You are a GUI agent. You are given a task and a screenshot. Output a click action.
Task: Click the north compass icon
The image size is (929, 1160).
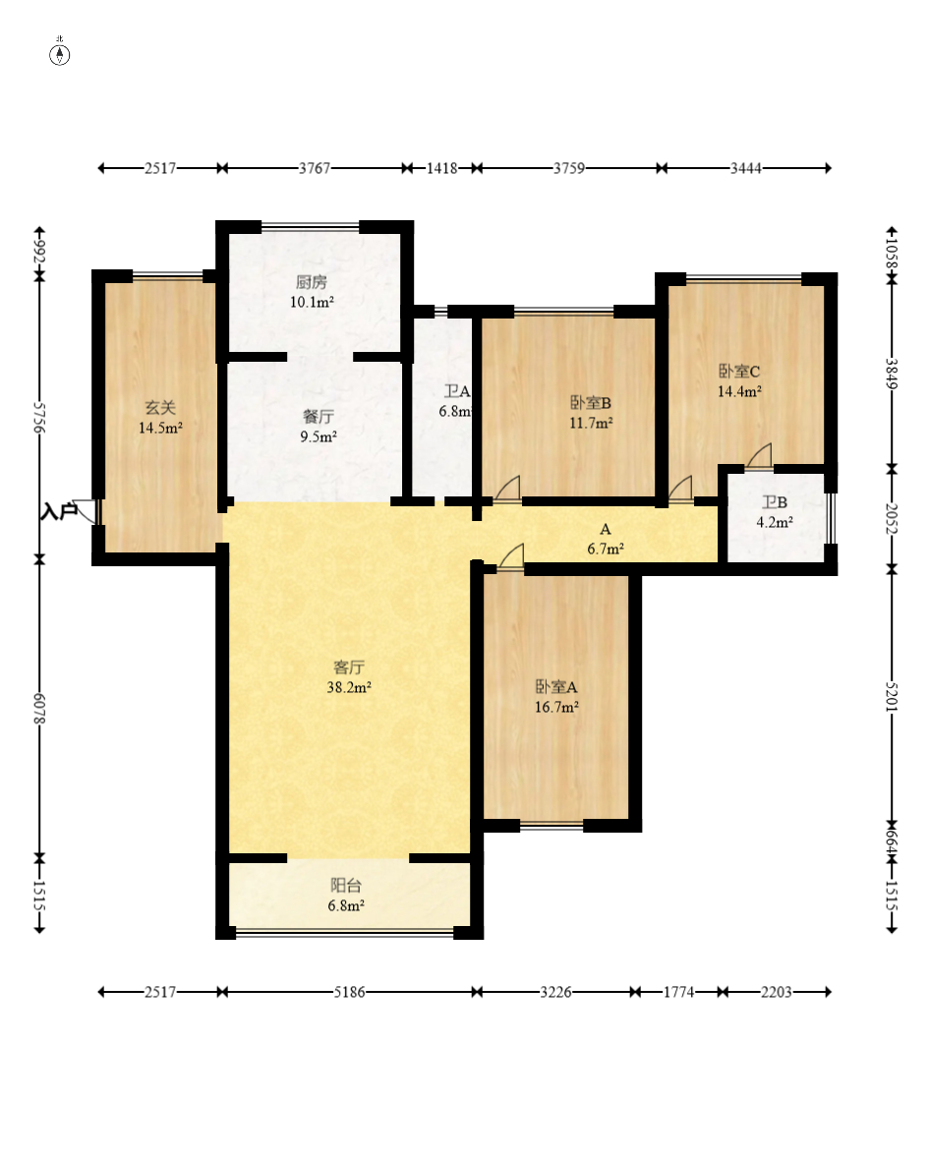coord(60,54)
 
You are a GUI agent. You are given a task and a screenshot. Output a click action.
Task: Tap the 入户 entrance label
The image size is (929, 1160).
coord(59,511)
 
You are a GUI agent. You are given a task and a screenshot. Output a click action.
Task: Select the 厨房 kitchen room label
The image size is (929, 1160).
coord(312,282)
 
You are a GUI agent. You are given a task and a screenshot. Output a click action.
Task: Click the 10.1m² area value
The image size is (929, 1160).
coord(312,302)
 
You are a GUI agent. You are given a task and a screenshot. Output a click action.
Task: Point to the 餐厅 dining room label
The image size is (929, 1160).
coord(319,417)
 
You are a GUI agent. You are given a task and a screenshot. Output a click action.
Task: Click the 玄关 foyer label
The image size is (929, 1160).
coord(160,408)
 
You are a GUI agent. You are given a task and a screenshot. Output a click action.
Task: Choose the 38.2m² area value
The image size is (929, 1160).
coord(349,687)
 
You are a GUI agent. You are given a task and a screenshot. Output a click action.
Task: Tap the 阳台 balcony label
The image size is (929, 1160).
coord(345,886)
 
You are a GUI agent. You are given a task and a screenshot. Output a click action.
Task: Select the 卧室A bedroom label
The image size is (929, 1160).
coord(556,687)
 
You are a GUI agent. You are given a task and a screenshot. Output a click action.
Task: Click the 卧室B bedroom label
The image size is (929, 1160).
coord(590,403)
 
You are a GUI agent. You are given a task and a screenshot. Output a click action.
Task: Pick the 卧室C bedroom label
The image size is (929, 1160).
coord(739,372)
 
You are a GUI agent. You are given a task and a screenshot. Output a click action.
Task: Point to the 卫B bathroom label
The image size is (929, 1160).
coord(775,502)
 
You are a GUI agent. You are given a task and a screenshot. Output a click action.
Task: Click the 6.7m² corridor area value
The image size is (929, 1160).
coord(606,549)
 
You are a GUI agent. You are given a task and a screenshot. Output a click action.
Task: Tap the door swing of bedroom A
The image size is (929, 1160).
coord(511,557)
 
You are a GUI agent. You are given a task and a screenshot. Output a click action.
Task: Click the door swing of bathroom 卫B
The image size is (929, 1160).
coord(759,456)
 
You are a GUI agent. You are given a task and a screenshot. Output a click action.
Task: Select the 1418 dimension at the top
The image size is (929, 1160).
coord(441,168)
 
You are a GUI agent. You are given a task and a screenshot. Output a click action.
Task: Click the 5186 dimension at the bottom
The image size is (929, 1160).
coord(349,992)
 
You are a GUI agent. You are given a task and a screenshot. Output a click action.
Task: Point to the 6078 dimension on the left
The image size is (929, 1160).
coord(40,709)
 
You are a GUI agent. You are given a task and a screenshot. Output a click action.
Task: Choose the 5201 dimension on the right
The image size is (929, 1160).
coord(892,695)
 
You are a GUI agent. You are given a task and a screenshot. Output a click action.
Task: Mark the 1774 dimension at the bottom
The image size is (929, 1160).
coord(678,992)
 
